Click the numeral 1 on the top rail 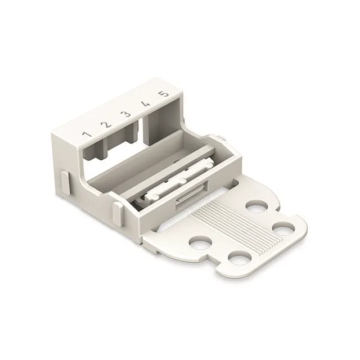[x=87, y=134]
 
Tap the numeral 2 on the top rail [x=106, y=124]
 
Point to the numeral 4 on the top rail [x=146, y=104]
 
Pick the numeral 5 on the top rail [x=164, y=94]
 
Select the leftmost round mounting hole [x=200, y=242]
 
